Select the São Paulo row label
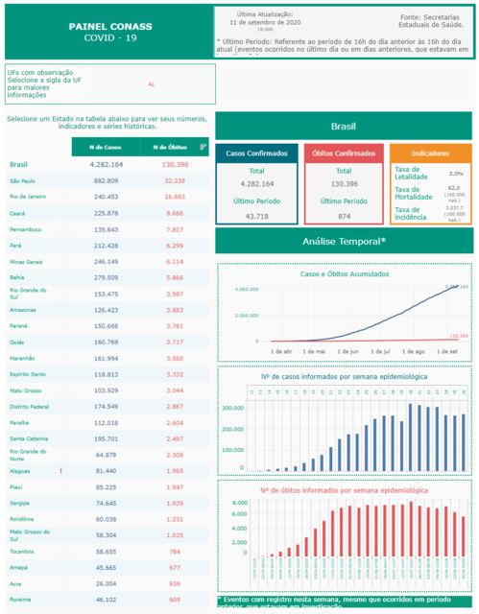tap(22, 180)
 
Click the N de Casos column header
tap(105, 147)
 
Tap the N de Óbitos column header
tap(168, 147)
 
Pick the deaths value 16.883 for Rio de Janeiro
tap(174, 196)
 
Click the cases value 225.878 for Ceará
tap(105, 212)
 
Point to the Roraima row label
tap(21, 598)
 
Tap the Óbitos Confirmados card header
tap(345, 153)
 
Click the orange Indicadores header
tap(429, 153)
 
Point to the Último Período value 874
tap(345, 217)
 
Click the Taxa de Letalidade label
tap(414, 174)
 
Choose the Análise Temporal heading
tap(344, 241)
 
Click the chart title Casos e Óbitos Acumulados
tap(344, 273)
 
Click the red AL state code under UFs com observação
tap(151, 85)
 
